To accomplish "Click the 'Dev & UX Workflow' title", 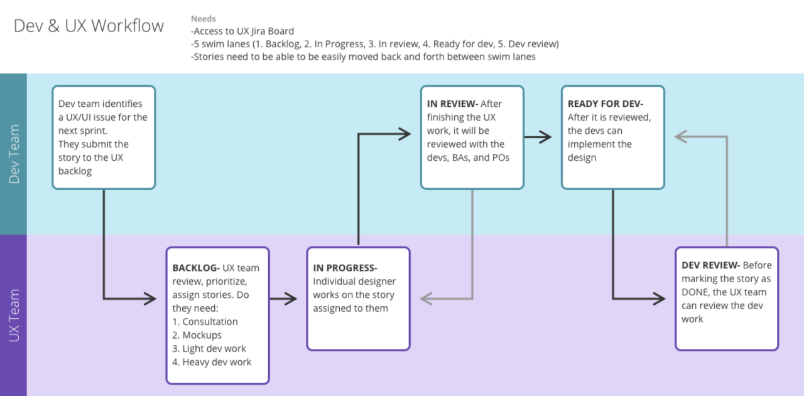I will point(89,26).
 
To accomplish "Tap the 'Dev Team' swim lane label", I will point(14,154).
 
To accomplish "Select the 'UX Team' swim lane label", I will point(14,315).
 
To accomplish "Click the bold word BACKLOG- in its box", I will point(196,268).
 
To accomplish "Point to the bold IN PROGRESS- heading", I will point(345,268).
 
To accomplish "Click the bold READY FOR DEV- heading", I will point(606,104).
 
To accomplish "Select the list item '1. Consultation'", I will point(205,322).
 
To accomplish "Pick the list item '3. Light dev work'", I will point(209,349).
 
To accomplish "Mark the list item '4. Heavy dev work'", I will point(212,362).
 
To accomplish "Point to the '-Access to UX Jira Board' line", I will point(242,31).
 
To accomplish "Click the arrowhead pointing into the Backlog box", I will point(151,299).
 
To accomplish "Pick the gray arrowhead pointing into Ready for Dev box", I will point(680,135).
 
